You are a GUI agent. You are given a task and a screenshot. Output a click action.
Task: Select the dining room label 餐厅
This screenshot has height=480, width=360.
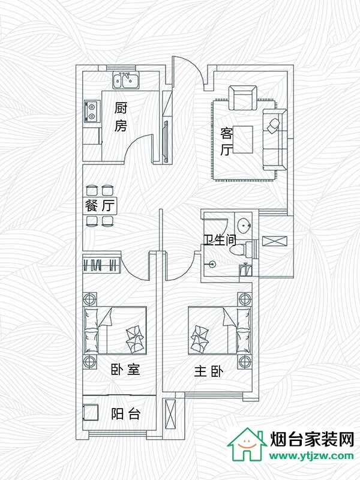click(x=100, y=206)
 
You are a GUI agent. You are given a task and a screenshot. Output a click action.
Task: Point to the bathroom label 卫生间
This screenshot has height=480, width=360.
click(x=220, y=241)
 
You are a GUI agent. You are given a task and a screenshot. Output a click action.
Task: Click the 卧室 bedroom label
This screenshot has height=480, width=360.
click(x=125, y=370)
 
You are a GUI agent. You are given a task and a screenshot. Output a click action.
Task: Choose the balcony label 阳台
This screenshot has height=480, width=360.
click(x=126, y=414)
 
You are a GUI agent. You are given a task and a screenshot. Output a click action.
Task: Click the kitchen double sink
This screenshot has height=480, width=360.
click(x=126, y=79)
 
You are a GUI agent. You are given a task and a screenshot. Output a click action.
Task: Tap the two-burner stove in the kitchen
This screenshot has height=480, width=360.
click(x=92, y=111)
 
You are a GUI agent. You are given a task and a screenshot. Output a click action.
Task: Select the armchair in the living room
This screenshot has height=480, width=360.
click(x=242, y=97)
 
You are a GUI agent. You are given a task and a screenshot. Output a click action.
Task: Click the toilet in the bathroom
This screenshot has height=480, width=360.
click(x=248, y=248)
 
